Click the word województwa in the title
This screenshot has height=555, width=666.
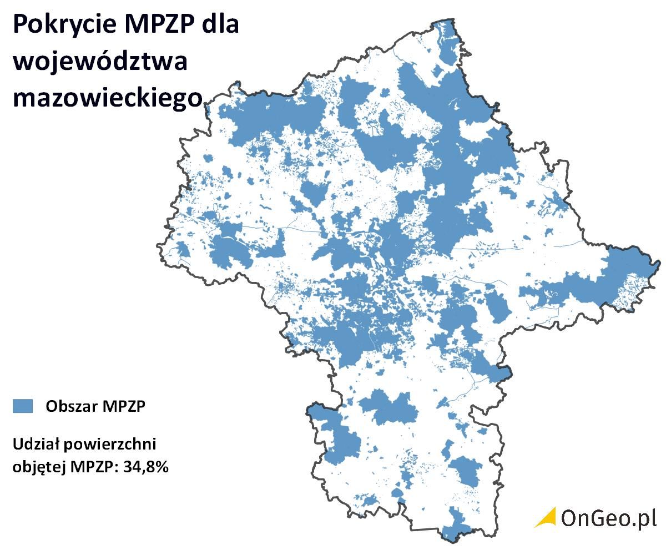100,62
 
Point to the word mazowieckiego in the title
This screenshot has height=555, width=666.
108,99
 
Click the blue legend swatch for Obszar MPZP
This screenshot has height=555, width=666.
23,406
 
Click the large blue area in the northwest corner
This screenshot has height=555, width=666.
266,117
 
